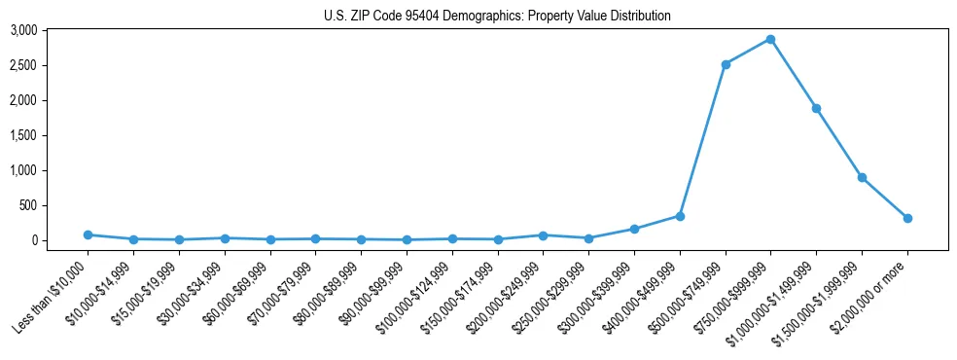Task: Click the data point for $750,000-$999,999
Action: point(770,39)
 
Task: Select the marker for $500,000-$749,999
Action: point(726,64)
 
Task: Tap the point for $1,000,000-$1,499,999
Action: point(816,108)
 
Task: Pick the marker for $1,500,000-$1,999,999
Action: point(862,177)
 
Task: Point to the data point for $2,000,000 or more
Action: point(907,218)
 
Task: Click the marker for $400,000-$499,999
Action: point(680,216)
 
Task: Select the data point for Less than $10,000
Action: point(88,234)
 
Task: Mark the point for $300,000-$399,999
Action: point(634,229)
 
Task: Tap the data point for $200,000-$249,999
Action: point(543,235)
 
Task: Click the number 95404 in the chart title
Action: point(432,16)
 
